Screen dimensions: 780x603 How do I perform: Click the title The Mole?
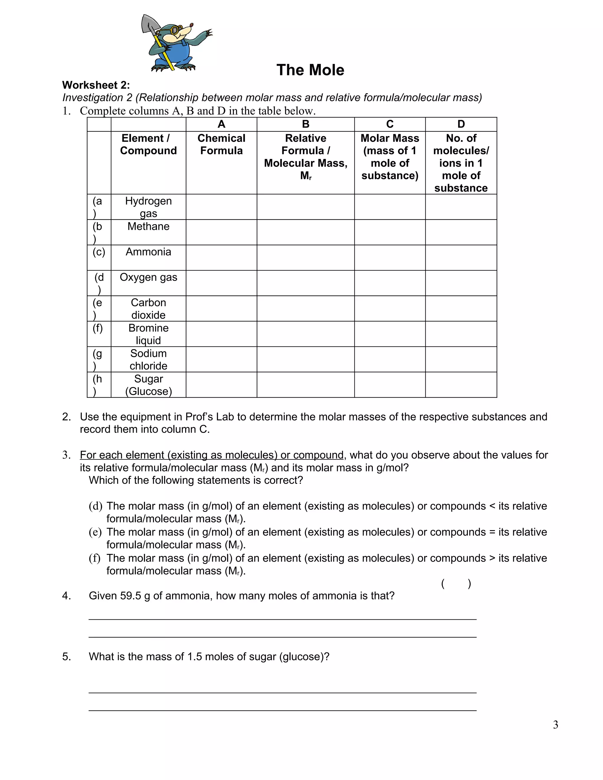[x=310, y=70]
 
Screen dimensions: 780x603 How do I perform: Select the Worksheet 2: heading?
[x=96, y=85]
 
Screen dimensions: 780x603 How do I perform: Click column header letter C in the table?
[x=390, y=124]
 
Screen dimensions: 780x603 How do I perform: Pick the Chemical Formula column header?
[x=221, y=144]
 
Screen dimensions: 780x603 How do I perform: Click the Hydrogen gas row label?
[x=148, y=207]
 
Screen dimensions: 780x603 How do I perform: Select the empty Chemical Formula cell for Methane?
[x=221, y=232]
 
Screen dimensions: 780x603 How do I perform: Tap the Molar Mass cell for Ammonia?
[x=390, y=258]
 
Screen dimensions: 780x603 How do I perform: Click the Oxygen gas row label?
[x=148, y=277]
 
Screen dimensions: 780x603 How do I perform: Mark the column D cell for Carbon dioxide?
[x=461, y=308]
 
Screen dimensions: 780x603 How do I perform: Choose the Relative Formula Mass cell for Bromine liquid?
[x=305, y=333]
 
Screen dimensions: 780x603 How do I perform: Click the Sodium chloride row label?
[x=148, y=359]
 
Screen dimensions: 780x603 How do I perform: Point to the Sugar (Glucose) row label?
[x=148, y=385]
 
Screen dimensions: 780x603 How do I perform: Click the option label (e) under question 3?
[x=95, y=532]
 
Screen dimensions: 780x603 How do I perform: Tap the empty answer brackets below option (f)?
[x=456, y=584]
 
